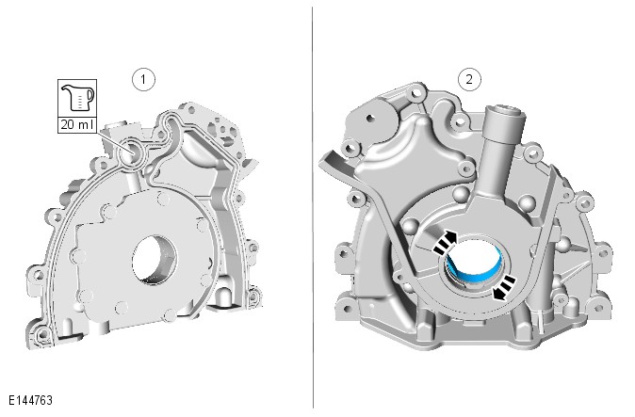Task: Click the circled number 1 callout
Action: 143,80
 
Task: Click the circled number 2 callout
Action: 469,79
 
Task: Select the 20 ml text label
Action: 77,124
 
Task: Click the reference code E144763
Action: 30,400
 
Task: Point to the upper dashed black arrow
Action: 445,242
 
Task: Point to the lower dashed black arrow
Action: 504,288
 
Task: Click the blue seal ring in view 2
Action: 474,270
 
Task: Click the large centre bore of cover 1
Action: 155,259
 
